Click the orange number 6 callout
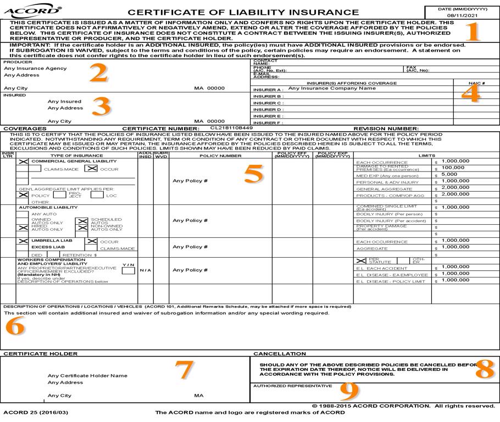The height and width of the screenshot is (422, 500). [x=15, y=327]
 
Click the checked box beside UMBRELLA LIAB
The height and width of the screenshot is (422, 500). [x=23, y=241]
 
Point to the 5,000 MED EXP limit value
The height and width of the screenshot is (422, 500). [x=450, y=174]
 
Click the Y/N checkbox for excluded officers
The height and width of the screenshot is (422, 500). [x=128, y=270]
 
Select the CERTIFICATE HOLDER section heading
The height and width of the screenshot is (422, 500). [x=40, y=354]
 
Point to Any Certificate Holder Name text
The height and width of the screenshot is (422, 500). [x=88, y=375]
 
